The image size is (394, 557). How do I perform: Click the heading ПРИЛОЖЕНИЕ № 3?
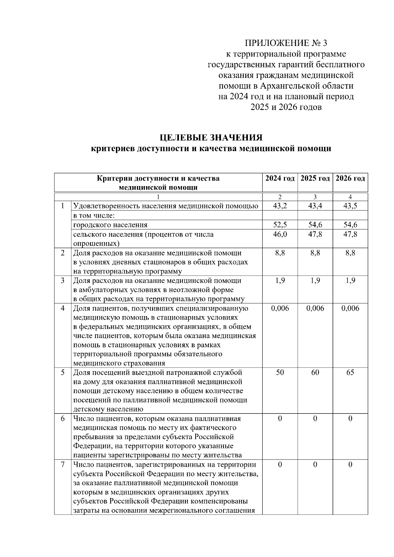(x=286, y=43)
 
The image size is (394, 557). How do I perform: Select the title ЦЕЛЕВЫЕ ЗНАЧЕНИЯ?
(x=211, y=137)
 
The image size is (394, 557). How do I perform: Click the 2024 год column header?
(x=280, y=178)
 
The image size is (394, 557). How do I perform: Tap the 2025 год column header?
(x=315, y=178)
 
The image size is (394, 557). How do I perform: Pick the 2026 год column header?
(x=350, y=178)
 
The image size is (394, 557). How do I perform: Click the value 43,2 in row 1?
(x=280, y=206)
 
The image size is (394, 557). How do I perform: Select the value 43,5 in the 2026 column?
(x=350, y=206)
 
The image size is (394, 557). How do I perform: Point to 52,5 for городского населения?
(x=280, y=225)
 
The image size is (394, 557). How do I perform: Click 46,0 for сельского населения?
(x=280, y=234)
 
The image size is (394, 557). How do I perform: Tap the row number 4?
(x=63, y=308)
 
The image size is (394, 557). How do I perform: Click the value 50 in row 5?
(x=280, y=373)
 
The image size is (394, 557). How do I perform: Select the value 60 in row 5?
(x=315, y=373)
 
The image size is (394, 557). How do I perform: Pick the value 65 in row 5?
(x=350, y=373)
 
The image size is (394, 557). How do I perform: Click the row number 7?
(x=63, y=464)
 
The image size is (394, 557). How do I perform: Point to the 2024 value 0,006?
(x=280, y=308)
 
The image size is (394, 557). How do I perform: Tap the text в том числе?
(x=94, y=216)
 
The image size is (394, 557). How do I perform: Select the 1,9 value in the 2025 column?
(x=315, y=281)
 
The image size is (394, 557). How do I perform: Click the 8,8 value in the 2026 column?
(x=350, y=253)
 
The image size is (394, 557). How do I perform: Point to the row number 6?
(x=63, y=418)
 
